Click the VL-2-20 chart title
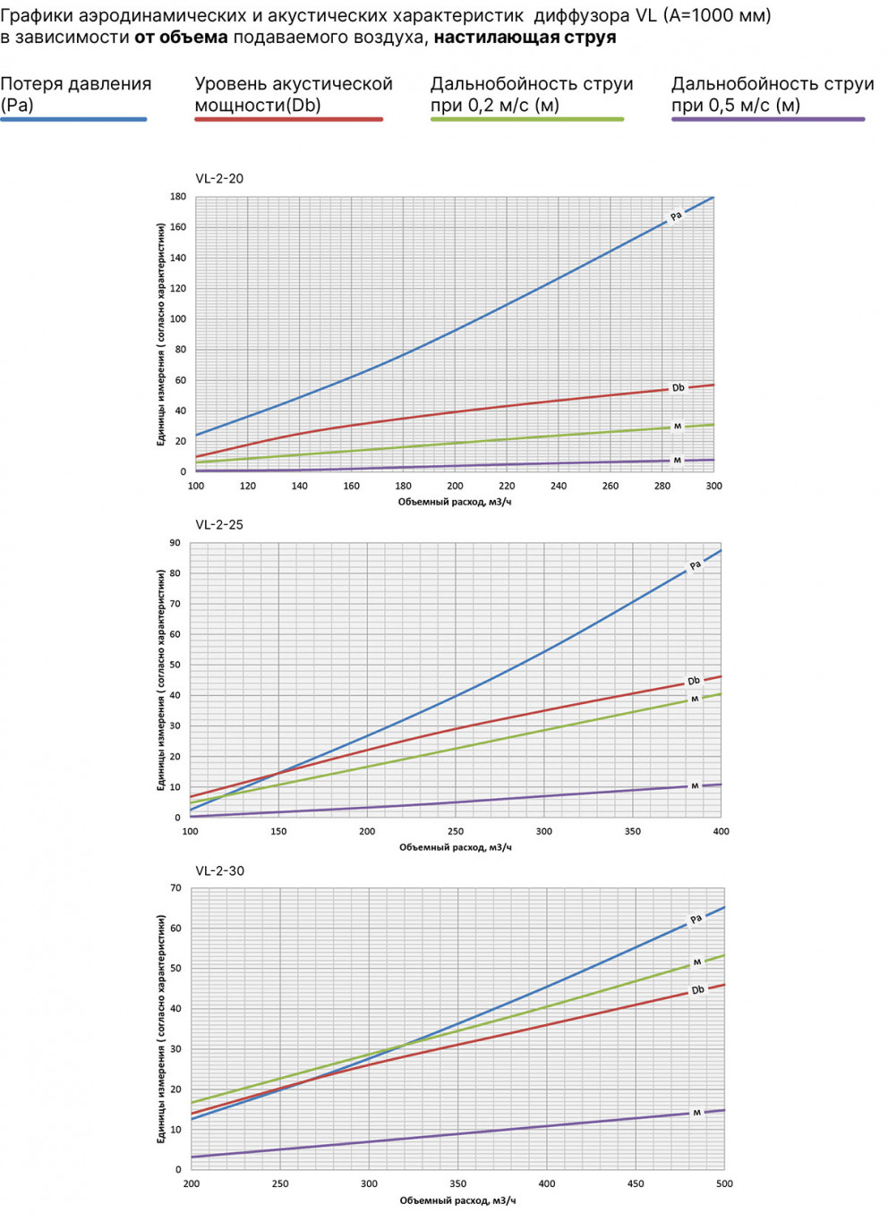tap(219, 179)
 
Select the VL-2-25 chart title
tap(219, 525)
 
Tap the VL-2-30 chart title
tap(219, 871)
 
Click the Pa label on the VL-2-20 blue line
tap(676, 216)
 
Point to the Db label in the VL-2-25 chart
tap(694, 682)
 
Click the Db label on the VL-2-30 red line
tap(698, 990)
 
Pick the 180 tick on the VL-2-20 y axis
tap(178, 197)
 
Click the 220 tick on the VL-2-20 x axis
tap(507, 487)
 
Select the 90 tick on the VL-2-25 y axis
tap(175, 543)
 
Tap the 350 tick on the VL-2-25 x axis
tap(633, 832)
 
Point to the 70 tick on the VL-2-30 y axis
tap(175, 888)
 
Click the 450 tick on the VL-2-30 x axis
tap(636, 1184)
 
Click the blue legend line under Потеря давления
tap(73, 119)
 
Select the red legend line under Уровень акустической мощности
tap(288, 119)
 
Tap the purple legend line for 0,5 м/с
tap(768, 119)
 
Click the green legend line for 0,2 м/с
tap(527, 119)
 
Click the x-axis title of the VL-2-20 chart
tap(455, 503)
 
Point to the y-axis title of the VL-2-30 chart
tap(161, 1029)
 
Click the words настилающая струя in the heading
tap(525, 38)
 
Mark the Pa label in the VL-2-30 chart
tap(696, 920)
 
